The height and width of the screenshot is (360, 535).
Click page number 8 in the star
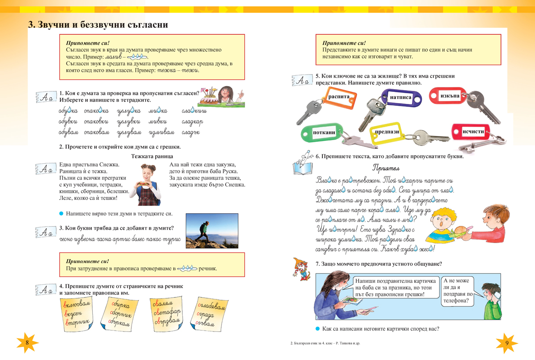27,343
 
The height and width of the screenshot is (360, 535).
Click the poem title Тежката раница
152,156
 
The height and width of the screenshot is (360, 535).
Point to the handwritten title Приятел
385,168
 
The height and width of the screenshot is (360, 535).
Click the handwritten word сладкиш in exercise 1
194,111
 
